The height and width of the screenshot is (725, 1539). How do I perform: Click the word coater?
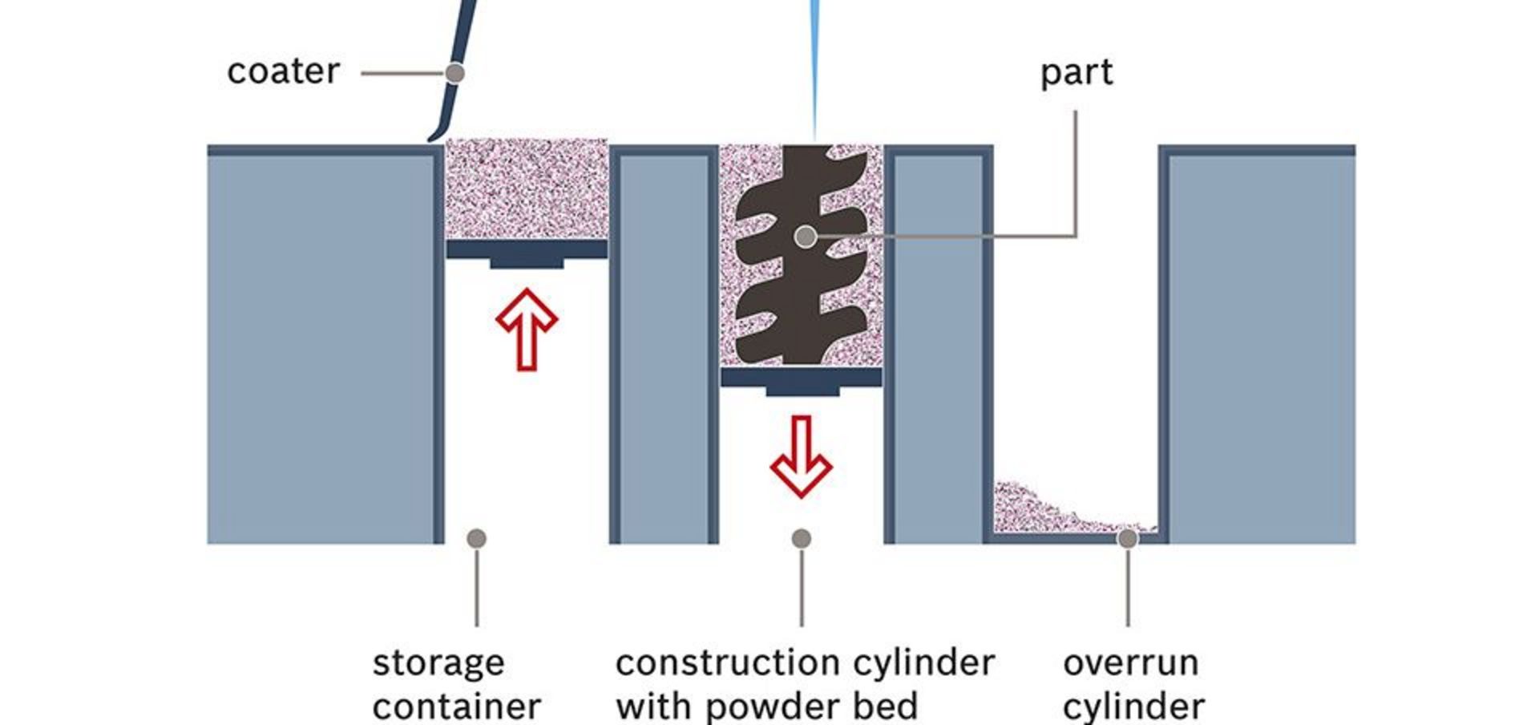click(x=283, y=71)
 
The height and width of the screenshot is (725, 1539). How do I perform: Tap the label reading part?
click(x=1076, y=73)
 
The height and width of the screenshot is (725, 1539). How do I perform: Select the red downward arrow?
click(x=801, y=455)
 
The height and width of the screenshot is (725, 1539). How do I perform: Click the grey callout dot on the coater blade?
click(x=454, y=73)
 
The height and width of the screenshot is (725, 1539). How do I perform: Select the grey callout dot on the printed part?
click(x=806, y=237)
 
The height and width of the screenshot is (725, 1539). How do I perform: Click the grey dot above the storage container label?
click(x=476, y=538)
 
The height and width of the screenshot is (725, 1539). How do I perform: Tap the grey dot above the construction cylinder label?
click(x=801, y=538)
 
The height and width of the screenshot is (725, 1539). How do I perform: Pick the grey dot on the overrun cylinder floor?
click(x=1127, y=538)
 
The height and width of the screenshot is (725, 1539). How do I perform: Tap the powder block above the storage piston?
click(x=526, y=188)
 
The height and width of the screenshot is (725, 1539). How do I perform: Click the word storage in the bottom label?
click(x=438, y=664)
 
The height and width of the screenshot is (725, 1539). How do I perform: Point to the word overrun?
click(x=1130, y=664)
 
